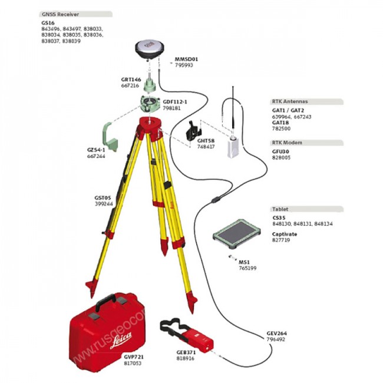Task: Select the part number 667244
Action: (x=96, y=157)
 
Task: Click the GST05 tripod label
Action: (x=103, y=197)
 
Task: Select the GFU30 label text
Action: (x=280, y=151)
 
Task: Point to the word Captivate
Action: (x=285, y=235)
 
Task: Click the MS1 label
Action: (x=244, y=262)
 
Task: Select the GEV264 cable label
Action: (x=276, y=334)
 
